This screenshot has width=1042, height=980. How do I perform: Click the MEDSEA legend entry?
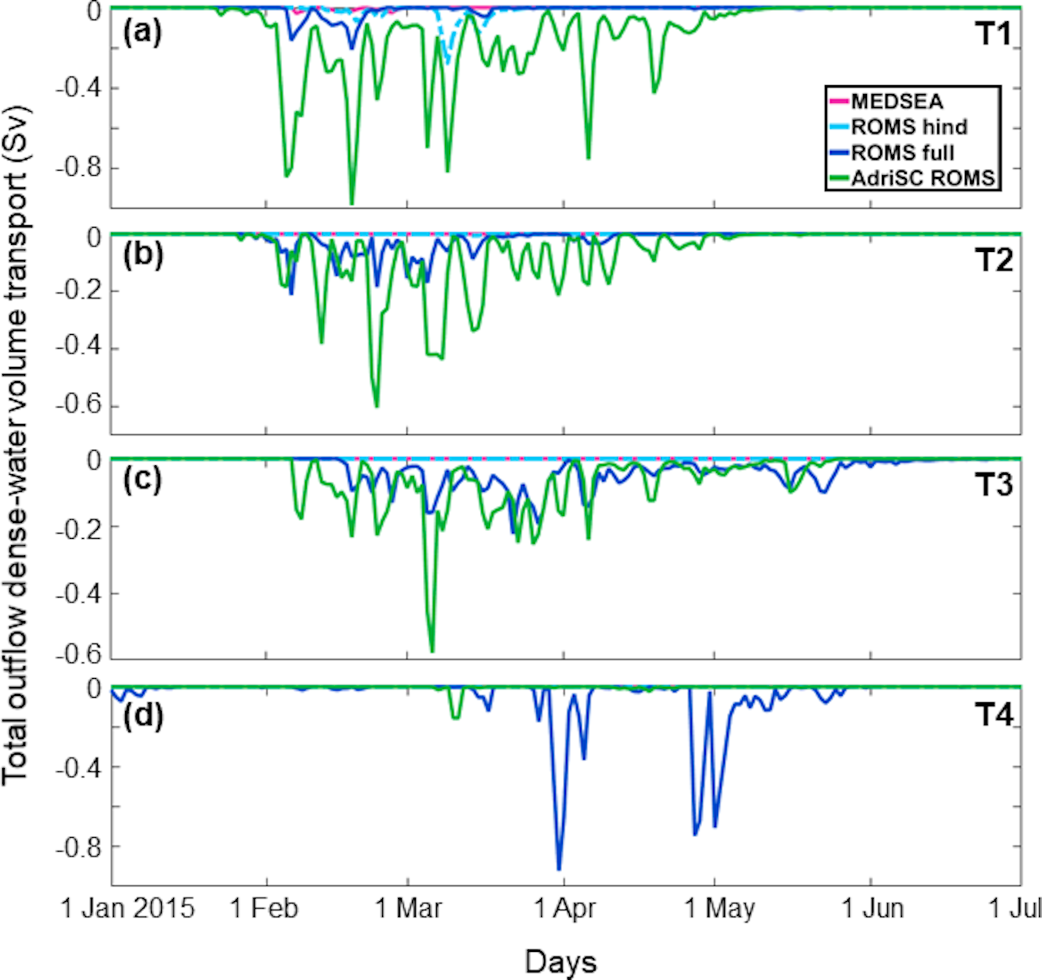pyautogui.click(x=896, y=102)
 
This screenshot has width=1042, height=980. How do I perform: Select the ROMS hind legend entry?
pyautogui.click(x=909, y=127)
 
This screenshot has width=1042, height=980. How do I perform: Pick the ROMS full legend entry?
pyautogui.click(x=902, y=153)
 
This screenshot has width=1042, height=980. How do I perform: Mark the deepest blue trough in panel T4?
pyautogui.click(x=559, y=869)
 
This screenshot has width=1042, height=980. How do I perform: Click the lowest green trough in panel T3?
pyautogui.click(x=432, y=651)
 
